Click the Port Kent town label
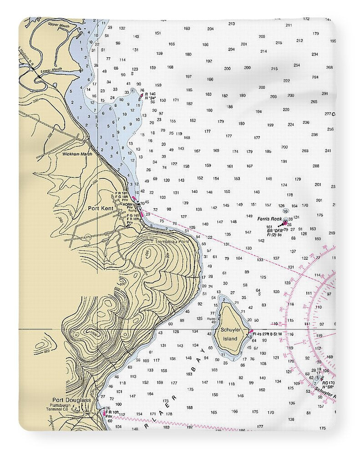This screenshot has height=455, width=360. click(101, 208)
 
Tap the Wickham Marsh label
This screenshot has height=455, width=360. click(77, 154)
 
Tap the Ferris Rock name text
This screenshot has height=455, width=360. click(270, 219)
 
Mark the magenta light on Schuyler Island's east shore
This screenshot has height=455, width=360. click(250, 331)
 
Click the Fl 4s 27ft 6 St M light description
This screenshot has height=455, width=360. click(268, 334)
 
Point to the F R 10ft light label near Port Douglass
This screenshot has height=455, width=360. click(112, 412)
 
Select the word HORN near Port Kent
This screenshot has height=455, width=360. click(127, 204)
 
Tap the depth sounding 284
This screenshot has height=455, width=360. click(315, 77)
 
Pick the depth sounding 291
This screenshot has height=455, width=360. click(325, 93)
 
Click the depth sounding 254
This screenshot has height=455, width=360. click(297, 65)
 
